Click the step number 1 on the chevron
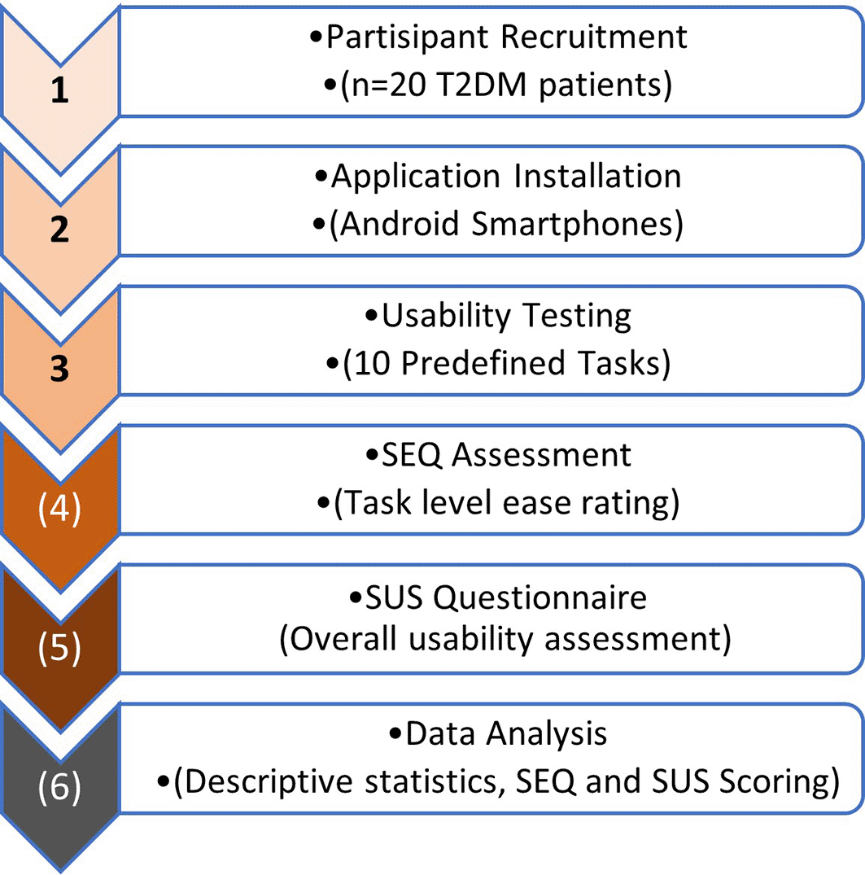click(x=59, y=90)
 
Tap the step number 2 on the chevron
click(x=59, y=229)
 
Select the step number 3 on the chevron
click(x=59, y=368)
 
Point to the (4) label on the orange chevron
click(x=59, y=509)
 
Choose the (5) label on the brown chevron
click(x=59, y=648)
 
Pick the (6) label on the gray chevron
click(x=59, y=787)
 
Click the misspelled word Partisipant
click(x=408, y=38)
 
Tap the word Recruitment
click(x=594, y=37)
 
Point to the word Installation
click(x=597, y=177)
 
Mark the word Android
click(x=400, y=224)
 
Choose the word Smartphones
click(x=573, y=225)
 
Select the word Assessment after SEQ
click(x=541, y=455)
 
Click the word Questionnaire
click(x=540, y=598)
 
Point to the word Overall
click(x=343, y=639)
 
